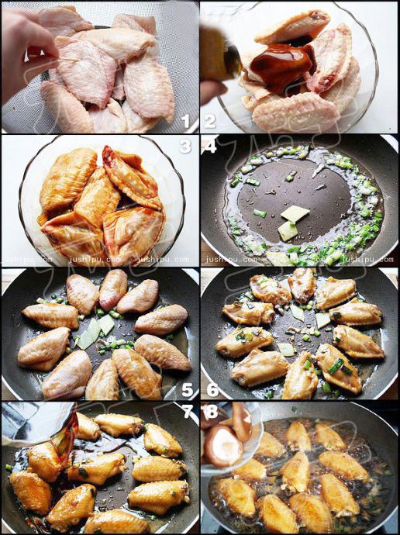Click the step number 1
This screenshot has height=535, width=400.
coord(184,121)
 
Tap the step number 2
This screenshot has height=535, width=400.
coord(209,121)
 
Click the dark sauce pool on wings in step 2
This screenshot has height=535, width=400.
coord(281,65)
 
